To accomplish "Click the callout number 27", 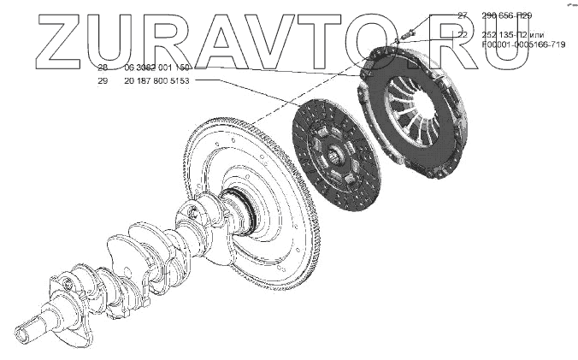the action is [463, 15].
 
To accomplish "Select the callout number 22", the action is [463, 35].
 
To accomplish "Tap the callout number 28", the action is [103, 67].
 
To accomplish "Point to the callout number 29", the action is [103, 80].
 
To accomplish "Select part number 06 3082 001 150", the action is [157, 67].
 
